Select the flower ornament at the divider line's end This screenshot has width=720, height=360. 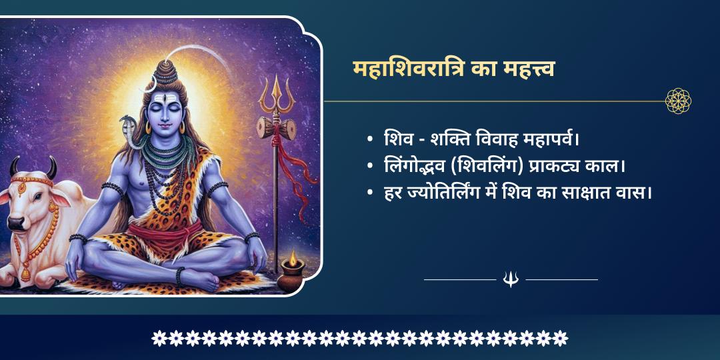click(x=678, y=101)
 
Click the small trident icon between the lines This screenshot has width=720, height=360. click(x=511, y=279)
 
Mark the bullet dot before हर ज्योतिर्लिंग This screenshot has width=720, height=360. click(x=370, y=193)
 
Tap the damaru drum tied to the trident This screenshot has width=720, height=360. click(x=277, y=127)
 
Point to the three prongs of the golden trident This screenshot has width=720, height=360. click(x=277, y=93)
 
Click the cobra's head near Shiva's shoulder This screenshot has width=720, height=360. click(x=127, y=124)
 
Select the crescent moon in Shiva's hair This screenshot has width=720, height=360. click(x=152, y=83)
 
